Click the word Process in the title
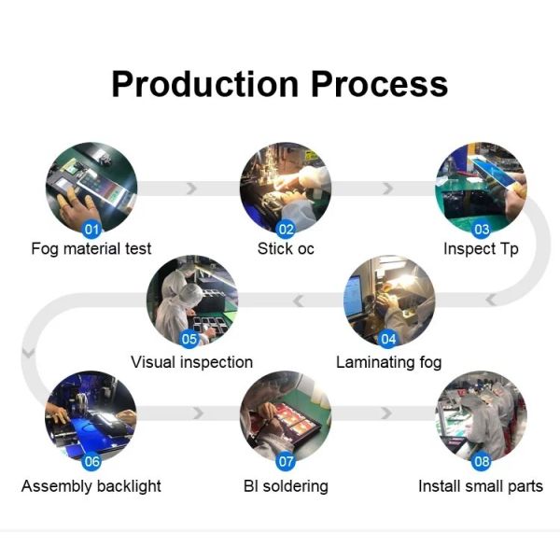pos(380,84)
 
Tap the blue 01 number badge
pos(92,228)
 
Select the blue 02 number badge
pos(287,228)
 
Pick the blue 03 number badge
pos(482,228)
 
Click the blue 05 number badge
pos(190,340)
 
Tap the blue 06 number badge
pos(92,461)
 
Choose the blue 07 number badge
pos(287,461)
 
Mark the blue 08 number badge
pos(482,461)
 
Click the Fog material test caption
pos(91,249)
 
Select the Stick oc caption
pos(287,249)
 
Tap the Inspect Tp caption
pos(481,249)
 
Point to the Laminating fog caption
pos(388,361)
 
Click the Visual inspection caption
pos(191,361)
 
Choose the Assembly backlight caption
pos(91,486)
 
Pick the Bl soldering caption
pos(286,486)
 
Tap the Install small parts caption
pos(481,486)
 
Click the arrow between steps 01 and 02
pos(192,189)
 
